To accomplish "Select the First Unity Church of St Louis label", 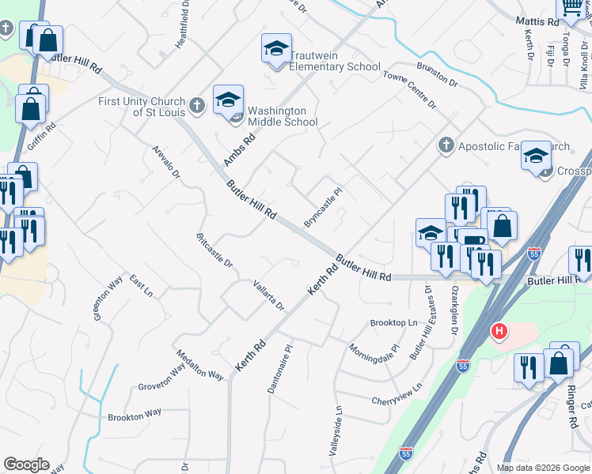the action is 142,106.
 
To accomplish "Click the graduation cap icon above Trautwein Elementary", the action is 277,49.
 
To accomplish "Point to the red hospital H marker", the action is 499,331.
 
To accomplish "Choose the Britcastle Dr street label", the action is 214,250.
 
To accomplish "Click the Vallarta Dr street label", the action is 268,295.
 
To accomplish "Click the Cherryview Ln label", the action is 397,395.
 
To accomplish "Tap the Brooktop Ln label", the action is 393,323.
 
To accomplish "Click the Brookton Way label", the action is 135,414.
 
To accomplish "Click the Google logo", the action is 27,465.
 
